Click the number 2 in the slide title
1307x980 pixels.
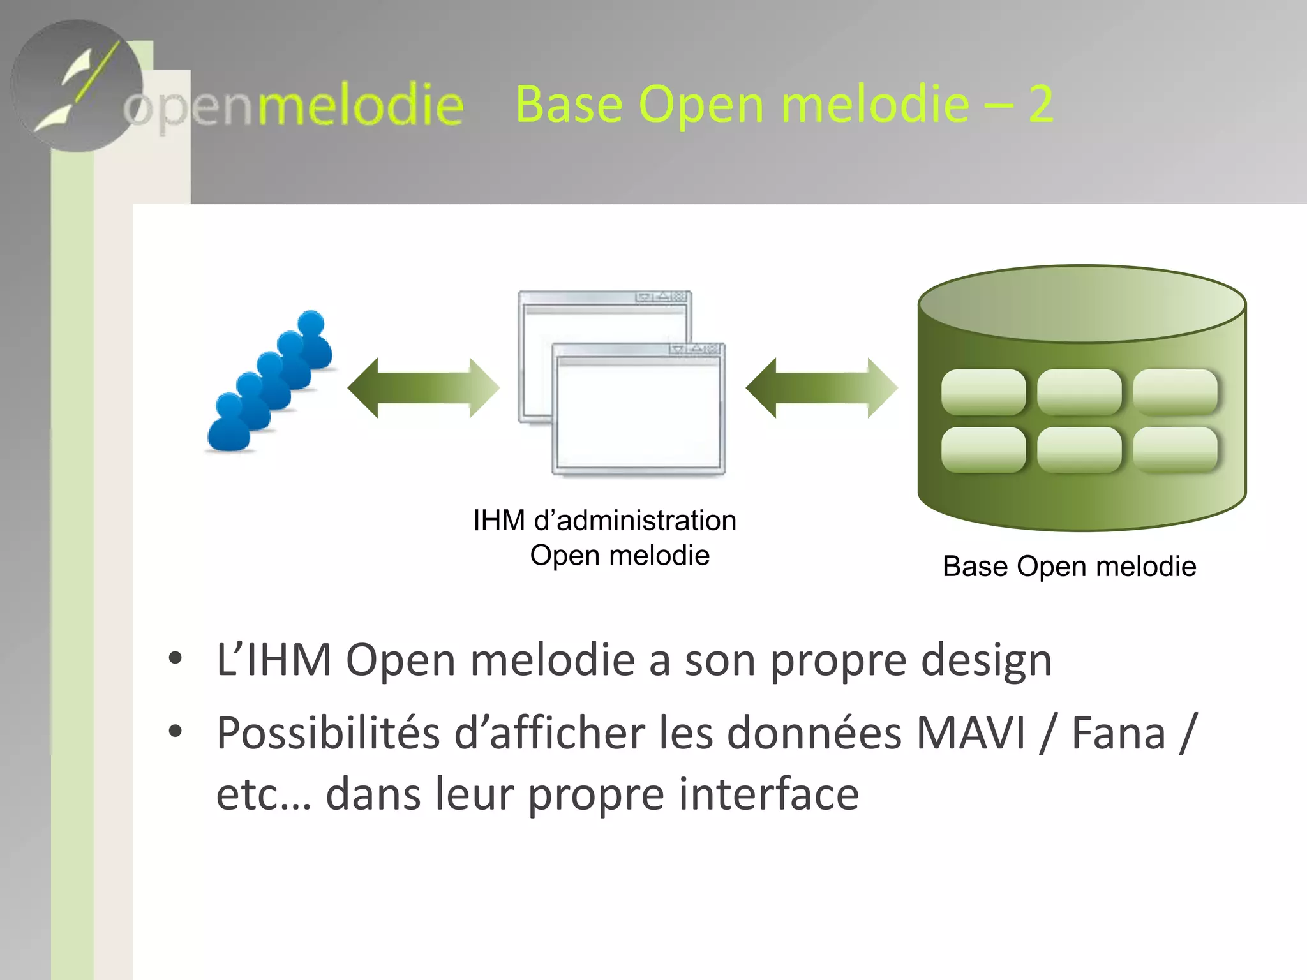(1040, 104)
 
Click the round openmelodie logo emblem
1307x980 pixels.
(77, 86)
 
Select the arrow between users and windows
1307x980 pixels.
(423, 387)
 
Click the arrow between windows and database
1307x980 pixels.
(821, 387)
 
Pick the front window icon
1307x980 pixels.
(638, 412)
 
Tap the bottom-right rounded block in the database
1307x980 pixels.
(1175, 450)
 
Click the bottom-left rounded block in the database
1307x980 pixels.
(983, 450)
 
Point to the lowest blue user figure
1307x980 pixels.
(228, 424)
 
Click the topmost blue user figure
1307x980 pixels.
(313, 338)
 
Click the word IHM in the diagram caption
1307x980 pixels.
(499, 521)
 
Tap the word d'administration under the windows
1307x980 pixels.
(635, 521)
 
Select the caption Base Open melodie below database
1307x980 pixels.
(1069, 567)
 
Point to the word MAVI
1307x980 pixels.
(970, 733)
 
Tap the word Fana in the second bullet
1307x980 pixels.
(1118, 733)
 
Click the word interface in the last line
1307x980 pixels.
(768, 794)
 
